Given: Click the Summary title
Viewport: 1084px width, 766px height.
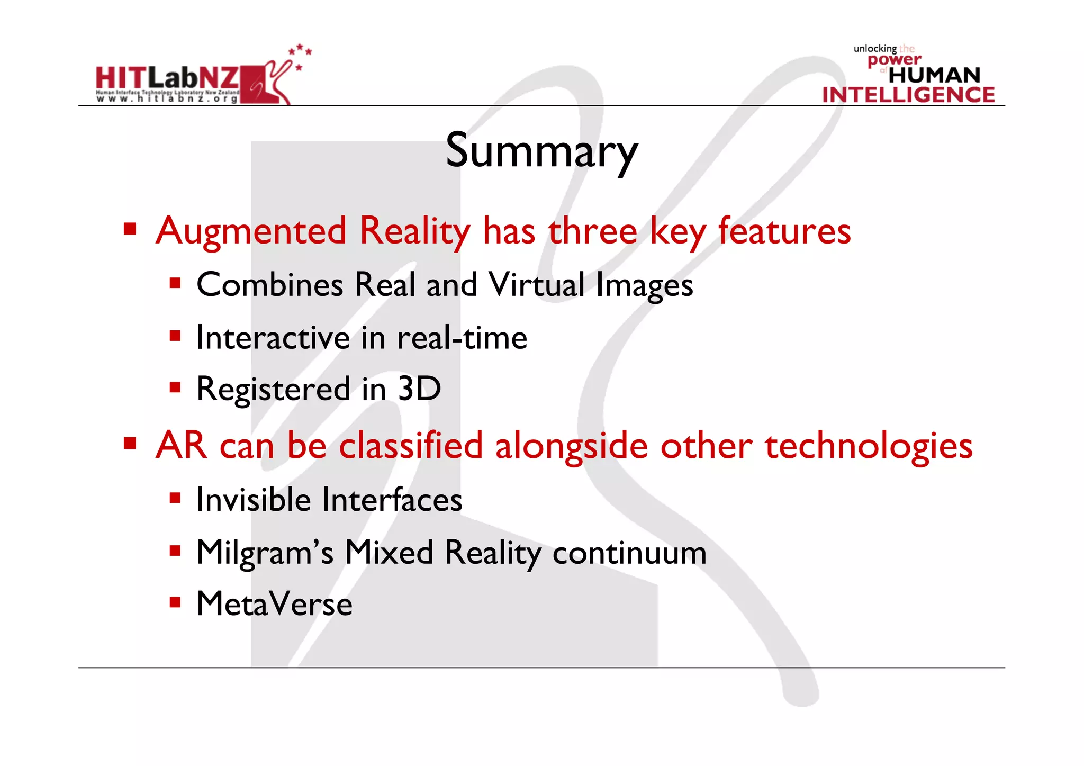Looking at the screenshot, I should [541, 151].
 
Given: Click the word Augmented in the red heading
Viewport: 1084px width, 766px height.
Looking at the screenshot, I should [251, 231].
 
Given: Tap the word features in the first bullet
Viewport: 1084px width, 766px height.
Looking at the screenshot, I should [784, 231].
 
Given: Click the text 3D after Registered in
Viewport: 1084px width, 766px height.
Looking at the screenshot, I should [419, 389].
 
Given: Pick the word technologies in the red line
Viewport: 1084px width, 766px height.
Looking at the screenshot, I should [868, 446].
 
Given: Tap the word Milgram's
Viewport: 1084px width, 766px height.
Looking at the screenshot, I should [265, 553].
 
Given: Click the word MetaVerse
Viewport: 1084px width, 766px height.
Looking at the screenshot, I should [274, 604].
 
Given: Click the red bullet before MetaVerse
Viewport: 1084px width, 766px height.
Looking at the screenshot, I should [175, 602].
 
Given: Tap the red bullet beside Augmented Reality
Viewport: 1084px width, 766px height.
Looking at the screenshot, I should [130, 229].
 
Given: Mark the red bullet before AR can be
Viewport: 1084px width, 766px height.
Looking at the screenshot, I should [130, 443].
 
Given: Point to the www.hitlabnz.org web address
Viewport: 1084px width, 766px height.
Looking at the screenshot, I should [167, 98].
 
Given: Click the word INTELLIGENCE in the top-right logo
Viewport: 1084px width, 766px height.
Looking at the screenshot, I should [908, 95].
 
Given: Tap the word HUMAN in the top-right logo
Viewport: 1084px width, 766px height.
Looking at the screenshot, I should [934, 75].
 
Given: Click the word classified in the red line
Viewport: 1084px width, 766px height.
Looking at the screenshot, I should [411, 446].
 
